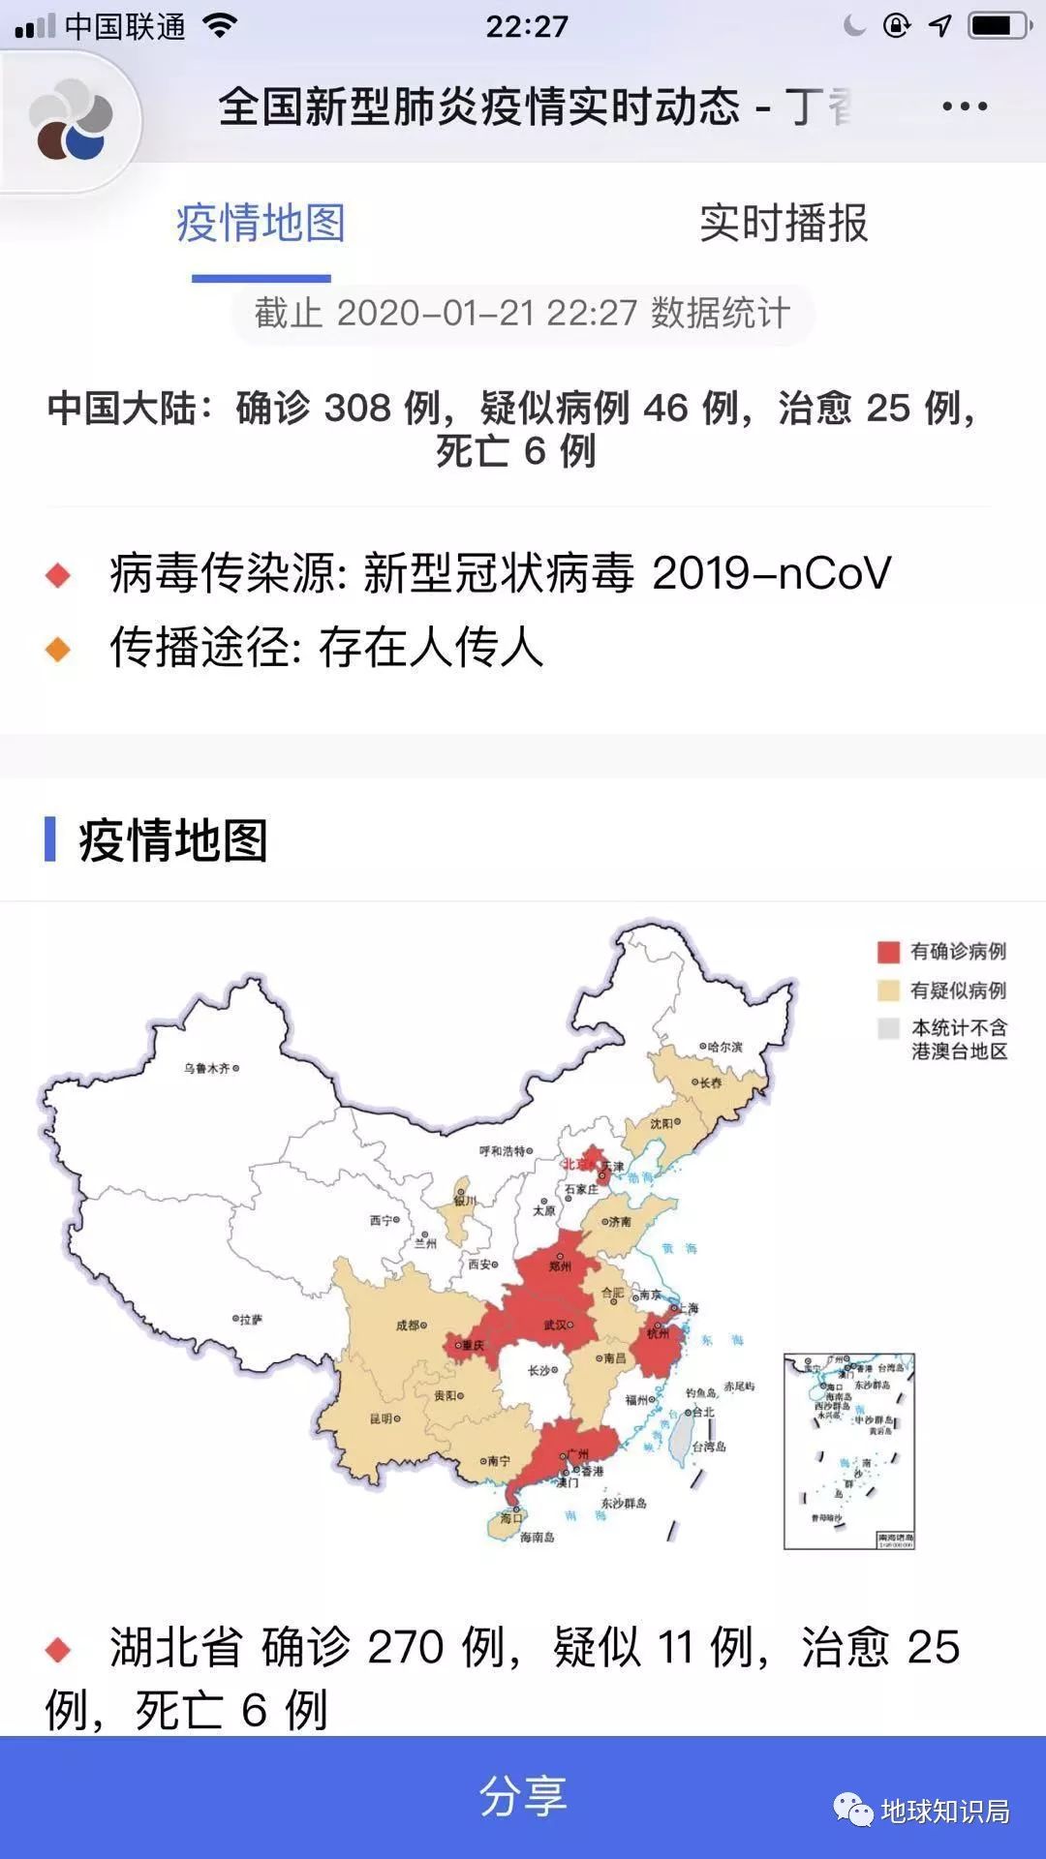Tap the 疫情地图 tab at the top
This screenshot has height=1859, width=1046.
pyautogui.click(x=261, y=224)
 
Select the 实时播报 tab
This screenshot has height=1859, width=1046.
pyautogui.click(x=784, y=224)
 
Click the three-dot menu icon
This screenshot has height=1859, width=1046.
pyautogui.click(x=965, y=107)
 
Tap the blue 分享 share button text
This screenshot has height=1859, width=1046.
pyautogui.click(x=523, y=1796)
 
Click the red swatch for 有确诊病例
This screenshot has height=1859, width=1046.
pyautogui.click(x=888, y=952)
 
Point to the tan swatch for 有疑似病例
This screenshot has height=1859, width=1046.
pyautogui.click(x=888, y=990)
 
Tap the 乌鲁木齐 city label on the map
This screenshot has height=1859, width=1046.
pyautogui.click(x=207, y=1068)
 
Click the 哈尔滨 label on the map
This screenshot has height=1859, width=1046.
pyautogui.click(x=724, y=1047)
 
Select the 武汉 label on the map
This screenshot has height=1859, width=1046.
pyautogui.click(x=556, y=1324)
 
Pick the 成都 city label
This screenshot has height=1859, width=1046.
pyautogui.click(x=408, y=1326)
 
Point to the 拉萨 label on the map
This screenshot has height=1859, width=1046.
pyautogui.click(x=250, y=1319)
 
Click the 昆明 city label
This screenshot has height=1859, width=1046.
pyautogui.click(x=382, y=1418)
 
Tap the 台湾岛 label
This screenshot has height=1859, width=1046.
pyautogui.click(x=709, y=1447)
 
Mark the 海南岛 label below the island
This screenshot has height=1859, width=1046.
pyautogui.click(x=538, y=1537)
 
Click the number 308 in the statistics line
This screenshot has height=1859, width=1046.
pyautogui.click(x=357, y=409)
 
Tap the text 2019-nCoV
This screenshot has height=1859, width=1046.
pyautogui.click(x=771, y=573)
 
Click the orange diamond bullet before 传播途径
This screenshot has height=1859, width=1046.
pyautogui.click(x=58, y=649)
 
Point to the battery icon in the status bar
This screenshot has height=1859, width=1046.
pyautogui.click(x=998, y=26)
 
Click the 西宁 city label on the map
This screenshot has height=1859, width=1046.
pyautogui.click(x=382, y=1220)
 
